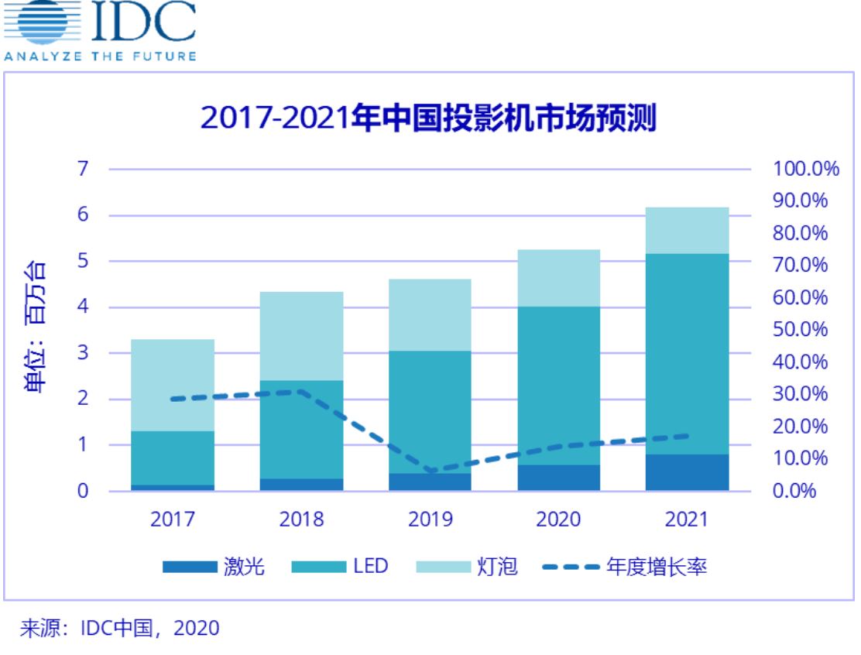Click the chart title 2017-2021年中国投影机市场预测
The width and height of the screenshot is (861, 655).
428,118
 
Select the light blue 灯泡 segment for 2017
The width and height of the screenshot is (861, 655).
172,384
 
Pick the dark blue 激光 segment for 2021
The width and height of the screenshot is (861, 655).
687,472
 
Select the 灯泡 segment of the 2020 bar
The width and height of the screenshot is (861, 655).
557,277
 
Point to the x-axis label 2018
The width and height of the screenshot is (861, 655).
300,519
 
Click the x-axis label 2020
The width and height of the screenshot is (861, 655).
557,519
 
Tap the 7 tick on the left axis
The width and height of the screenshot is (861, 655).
83,169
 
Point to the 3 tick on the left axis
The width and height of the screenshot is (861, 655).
83,354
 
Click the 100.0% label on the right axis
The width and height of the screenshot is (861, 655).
805,169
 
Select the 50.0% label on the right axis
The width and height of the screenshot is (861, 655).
800,330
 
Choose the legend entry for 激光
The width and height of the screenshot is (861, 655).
214,568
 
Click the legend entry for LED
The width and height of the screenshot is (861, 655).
341,568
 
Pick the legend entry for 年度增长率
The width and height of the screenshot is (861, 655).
624,568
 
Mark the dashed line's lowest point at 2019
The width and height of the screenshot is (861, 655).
431,471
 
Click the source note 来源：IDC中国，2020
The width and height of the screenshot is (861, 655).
118,627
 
